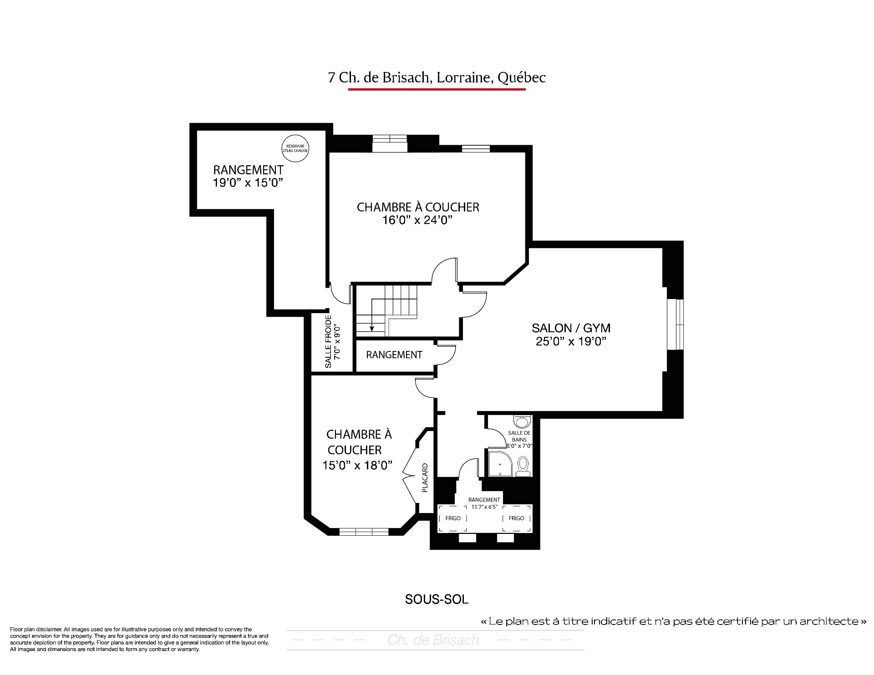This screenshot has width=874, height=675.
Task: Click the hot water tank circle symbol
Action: coord(295,148)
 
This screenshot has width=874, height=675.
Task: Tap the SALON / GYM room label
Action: coord(571,328)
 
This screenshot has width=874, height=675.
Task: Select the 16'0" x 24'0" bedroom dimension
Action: coord(417,220)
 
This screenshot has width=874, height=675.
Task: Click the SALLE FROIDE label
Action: coord(328,342)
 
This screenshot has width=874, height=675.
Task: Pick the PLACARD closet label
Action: coord(425,478)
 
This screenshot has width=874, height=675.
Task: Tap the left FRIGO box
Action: coord(453,518)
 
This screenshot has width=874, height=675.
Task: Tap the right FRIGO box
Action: coord(517,518)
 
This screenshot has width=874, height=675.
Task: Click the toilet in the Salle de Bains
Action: coord(523,466)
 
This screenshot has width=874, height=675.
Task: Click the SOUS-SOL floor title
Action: coord(437,599)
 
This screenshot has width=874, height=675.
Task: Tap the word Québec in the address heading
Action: coord(521,78)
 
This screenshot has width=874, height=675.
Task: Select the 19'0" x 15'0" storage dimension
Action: coord(248,183)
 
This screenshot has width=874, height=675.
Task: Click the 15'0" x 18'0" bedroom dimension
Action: coord(357,465)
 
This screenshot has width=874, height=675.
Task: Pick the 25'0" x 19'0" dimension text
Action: coord(571,341)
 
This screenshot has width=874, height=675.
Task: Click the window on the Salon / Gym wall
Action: coord(676,324)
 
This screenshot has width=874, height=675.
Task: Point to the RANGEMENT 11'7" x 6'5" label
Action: coord(484,503)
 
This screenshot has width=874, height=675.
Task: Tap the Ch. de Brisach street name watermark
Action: coord(433,640)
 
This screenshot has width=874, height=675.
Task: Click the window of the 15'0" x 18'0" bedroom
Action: coord(364,531)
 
